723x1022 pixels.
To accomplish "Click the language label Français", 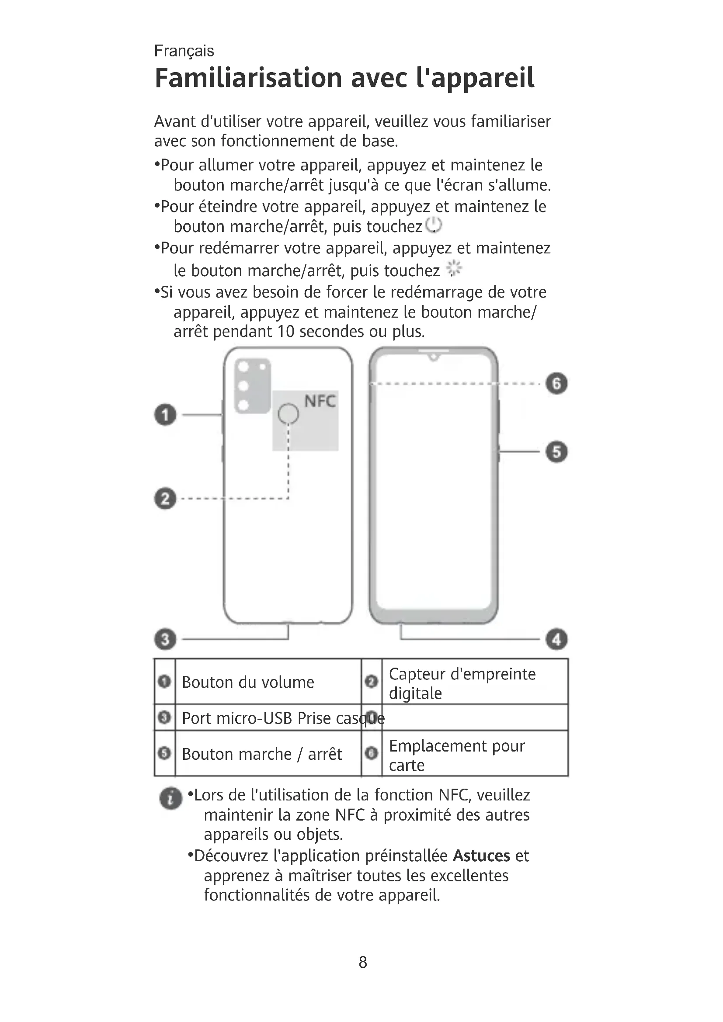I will point(184,51).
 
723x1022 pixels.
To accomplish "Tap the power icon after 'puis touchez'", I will point(433,225).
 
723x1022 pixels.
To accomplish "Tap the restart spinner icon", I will point(454,268).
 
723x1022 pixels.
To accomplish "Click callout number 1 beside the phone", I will point(166,415).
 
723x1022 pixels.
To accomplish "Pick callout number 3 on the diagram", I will point(166,640).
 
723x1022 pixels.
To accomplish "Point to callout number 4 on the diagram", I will point(556,640).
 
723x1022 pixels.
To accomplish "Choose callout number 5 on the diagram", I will point(556,452).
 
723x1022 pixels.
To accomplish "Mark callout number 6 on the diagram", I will point(556,383).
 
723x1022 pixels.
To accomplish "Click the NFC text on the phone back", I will point(320,402).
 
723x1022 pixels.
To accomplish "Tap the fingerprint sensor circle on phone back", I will point(289,414).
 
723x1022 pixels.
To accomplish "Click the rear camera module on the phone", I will point(252,385).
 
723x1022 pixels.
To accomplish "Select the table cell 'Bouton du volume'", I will point(248,682).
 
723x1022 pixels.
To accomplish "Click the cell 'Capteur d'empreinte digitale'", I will point(462,683).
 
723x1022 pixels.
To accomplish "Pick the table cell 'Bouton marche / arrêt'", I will point(262,755).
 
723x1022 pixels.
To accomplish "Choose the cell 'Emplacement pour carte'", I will point(457,755).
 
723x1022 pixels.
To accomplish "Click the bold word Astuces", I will point(481,856).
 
